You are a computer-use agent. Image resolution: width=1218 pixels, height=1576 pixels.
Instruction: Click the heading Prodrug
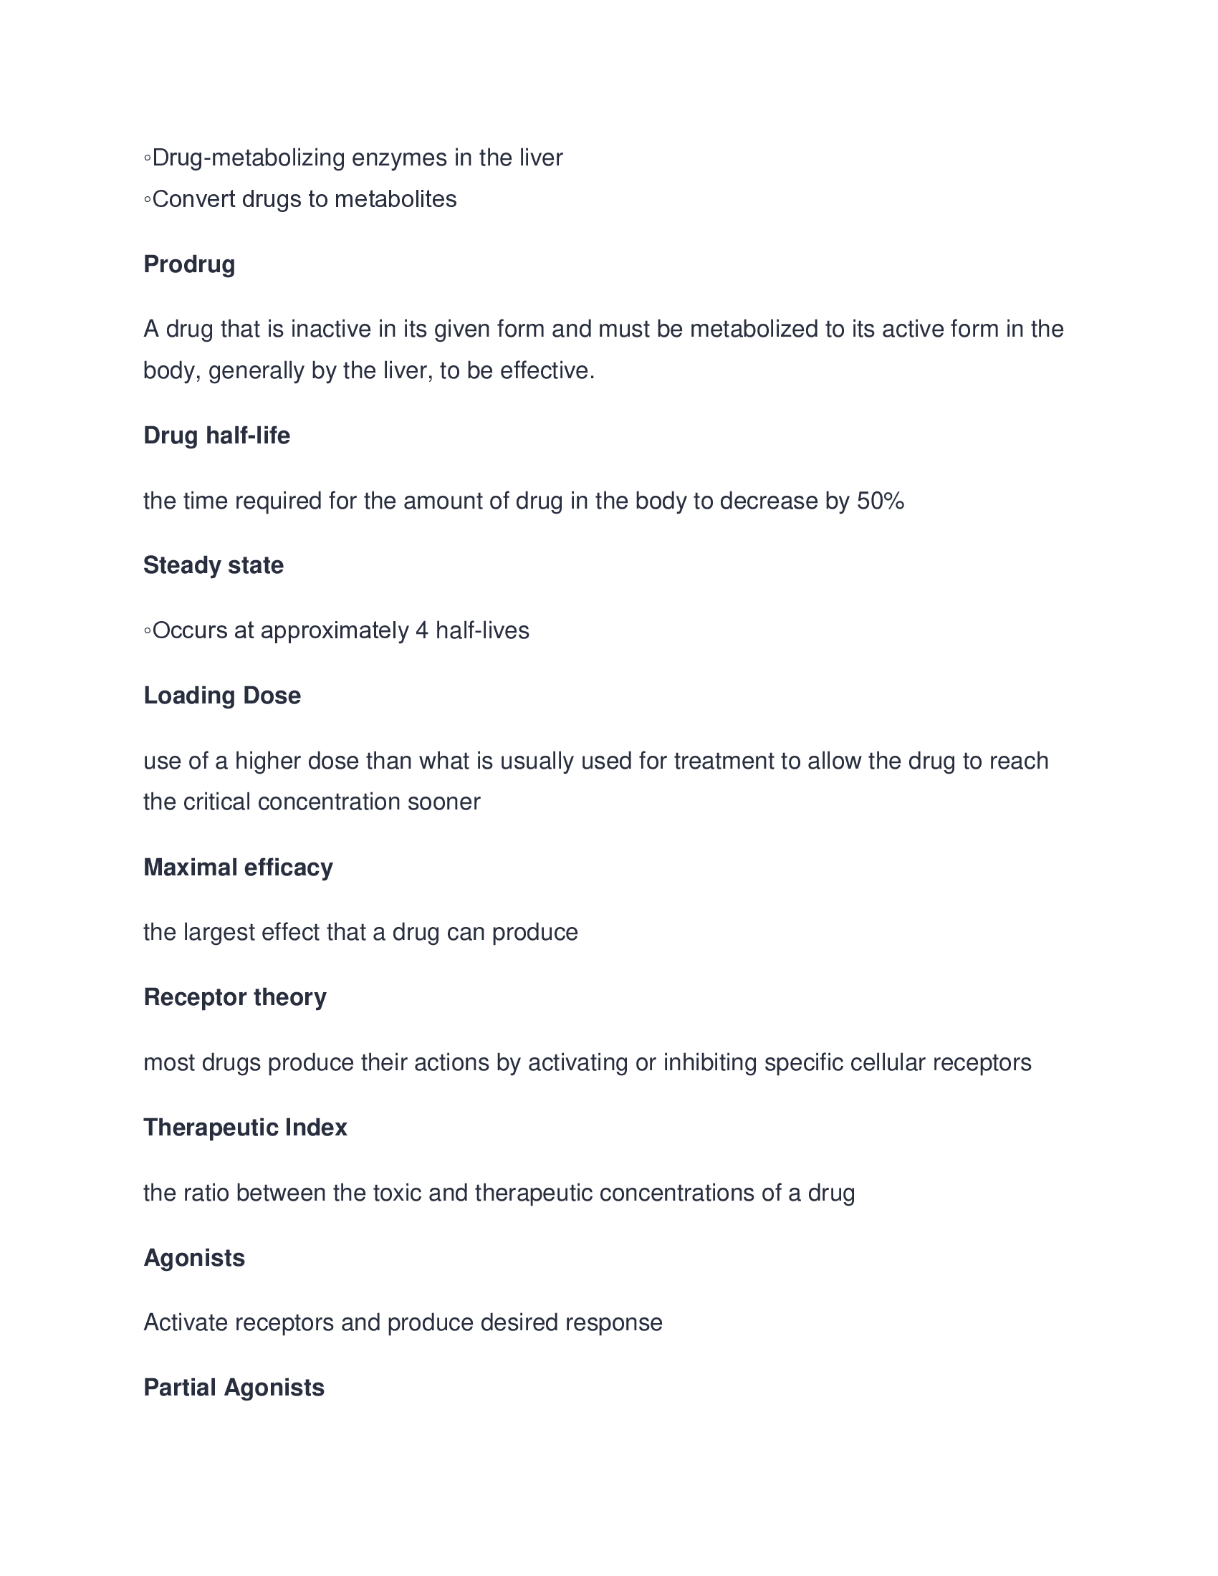(189, 264)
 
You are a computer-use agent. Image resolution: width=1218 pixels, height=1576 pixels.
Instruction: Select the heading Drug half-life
(216, 436)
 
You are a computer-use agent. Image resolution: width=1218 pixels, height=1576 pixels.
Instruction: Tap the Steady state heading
(213, 565)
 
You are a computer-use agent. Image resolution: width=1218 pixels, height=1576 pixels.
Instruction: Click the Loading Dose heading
(222, 696)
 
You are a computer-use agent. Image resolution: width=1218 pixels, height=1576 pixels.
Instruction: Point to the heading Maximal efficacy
(238, 868)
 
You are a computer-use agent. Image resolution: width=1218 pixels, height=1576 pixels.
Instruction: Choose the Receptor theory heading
(234, 997)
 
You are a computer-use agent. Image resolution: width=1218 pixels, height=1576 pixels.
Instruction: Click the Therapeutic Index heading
(245, 1127)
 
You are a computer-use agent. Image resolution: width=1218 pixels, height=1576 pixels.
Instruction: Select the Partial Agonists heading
(234, 1388)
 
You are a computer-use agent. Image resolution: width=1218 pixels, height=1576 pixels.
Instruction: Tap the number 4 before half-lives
(422, 630)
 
